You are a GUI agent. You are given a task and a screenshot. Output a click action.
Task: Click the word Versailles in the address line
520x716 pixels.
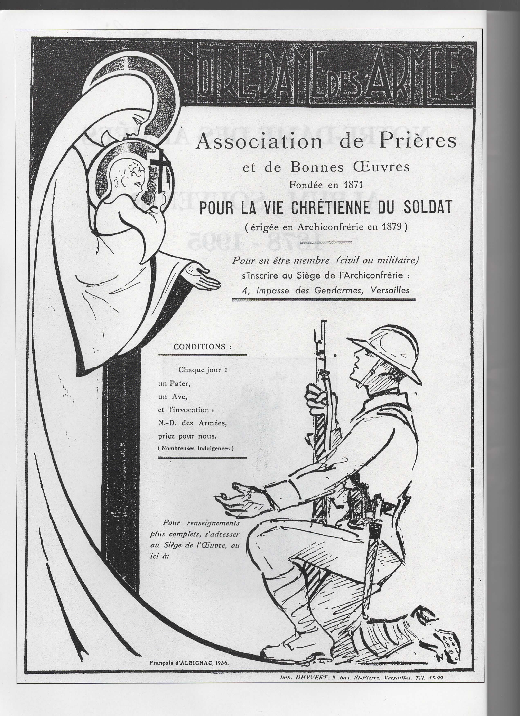tap(391, 290)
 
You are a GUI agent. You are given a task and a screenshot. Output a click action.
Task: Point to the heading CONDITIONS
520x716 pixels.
tap(202, 347)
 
